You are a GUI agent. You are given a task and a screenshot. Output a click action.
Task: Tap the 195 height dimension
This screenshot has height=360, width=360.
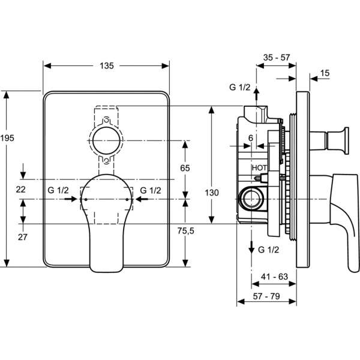click(x=8, y=139)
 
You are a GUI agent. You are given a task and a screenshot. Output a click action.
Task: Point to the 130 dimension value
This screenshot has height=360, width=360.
click(x=211, y=193)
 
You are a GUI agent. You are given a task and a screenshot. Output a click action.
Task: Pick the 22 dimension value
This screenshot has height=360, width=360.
click(x=22, y=190)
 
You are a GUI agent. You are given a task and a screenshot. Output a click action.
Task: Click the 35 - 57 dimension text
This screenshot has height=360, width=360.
click(x=277, y=58)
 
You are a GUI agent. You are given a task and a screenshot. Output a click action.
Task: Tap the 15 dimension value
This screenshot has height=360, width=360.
click(x=325, y=73)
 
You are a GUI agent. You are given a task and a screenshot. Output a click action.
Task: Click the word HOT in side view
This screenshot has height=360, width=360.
click(x=259, y=169)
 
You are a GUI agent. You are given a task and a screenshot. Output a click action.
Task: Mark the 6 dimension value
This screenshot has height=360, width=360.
click(x=250, y=137)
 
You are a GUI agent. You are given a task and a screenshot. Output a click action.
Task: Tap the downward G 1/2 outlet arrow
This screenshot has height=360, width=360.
click(x=251, y=245)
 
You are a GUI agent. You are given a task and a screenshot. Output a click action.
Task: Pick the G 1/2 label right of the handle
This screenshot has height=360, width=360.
click(x=151, y=190)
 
